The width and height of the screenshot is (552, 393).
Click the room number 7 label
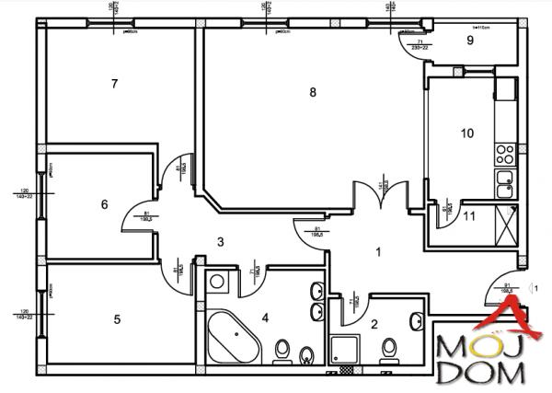(x=113, y=84)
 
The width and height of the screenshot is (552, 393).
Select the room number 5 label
(x=117, y=319)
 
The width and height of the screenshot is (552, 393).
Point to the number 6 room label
(x=104, y=204)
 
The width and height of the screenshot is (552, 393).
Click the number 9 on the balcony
(x=469, y=40)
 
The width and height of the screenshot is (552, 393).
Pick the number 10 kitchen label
(x=466, y=133)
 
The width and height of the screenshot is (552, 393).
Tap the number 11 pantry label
(x=469, y=217)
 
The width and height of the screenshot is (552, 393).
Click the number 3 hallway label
(x=220, y=241)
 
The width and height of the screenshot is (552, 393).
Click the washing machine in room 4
(x=218, y=281)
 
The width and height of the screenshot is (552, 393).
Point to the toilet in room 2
(x=389, y=348)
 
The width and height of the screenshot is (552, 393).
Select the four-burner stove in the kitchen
(x=504, y=152)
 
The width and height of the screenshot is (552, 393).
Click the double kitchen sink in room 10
(x=503, y=185)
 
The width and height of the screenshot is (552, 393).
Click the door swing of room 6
(x=134, y=217)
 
